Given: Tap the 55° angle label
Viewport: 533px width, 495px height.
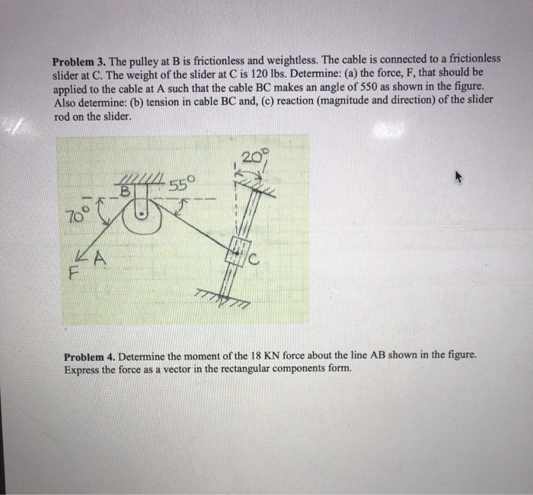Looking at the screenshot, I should [x=184, y=183].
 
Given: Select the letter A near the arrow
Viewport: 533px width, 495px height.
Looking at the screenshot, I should [x=98, y=260].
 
